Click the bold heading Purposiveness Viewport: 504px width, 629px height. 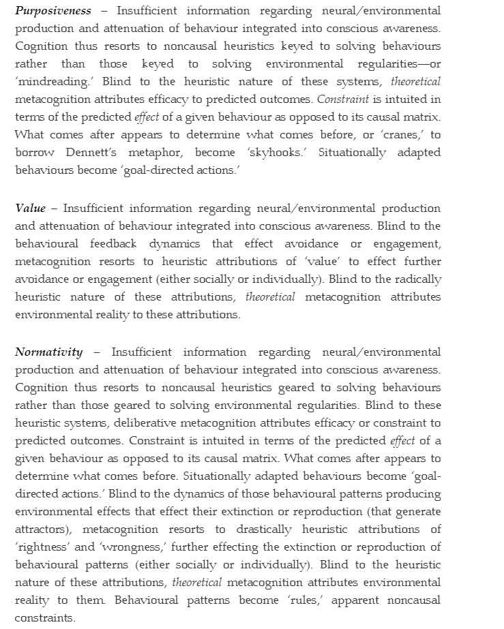point(53,11)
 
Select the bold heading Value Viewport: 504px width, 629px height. point(31,209)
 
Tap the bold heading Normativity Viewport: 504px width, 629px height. point(48,352)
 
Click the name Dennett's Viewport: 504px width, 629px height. point(99,153)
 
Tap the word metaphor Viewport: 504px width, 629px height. point(158,153)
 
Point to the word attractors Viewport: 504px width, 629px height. point(42,530)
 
